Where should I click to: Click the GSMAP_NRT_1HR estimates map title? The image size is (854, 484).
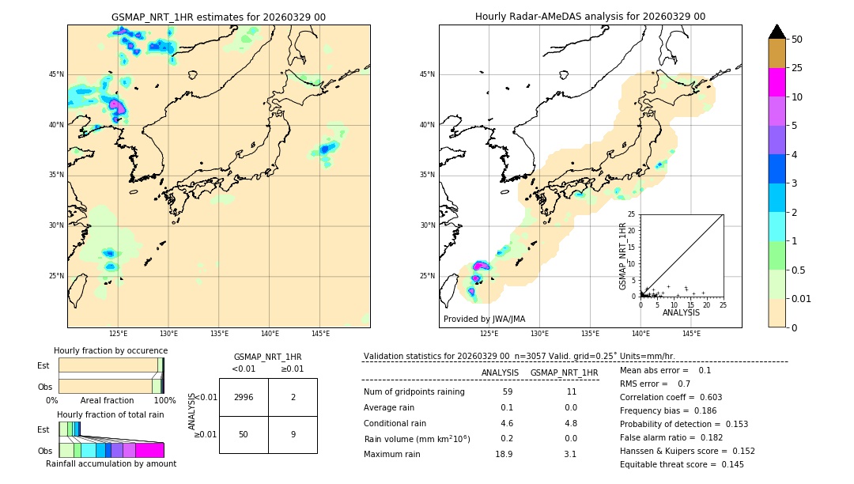pyautogui.click(x=218, y=17)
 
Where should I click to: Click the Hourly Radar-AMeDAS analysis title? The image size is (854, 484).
pyautogui.click(x=590, y=17)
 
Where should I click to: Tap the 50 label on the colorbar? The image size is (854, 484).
pyautogui.click(x=797, y=40)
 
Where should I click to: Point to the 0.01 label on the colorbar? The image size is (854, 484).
pyautogui.click(x=802, y=298)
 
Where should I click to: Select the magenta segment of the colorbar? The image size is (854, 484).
pyautogui.click(x=777, y=82)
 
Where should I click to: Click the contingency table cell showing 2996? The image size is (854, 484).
pyautogui.click(x=244, y=398)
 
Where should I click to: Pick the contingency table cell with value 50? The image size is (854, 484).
pyautogui.click(x=244, y=434)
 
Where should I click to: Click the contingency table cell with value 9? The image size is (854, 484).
pyautogui.click(x=293, y=434)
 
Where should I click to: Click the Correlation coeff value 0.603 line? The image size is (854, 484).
pyautogui.click(x=671, y=398)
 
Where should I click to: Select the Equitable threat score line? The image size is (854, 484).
pyautogui.click(x=682, y=464)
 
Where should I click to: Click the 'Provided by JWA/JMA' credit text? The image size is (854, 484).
pyautogui.click(x=484, y=320)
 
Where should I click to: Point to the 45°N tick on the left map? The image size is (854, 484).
pyautogui.click(x=56, y=74)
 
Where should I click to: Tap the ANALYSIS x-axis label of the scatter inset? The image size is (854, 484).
pyautogui.click(x=681, y=313)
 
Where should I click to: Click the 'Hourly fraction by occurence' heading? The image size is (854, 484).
pyautogui.click(x=111, y=350)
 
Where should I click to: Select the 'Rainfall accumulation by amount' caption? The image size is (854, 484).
pyautogui.click(x=111, y=464)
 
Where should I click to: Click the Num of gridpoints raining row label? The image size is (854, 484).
pyautogui.click(x=414, y=392)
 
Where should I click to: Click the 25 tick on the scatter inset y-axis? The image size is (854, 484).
pyautogui.click(x=632, y=214)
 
